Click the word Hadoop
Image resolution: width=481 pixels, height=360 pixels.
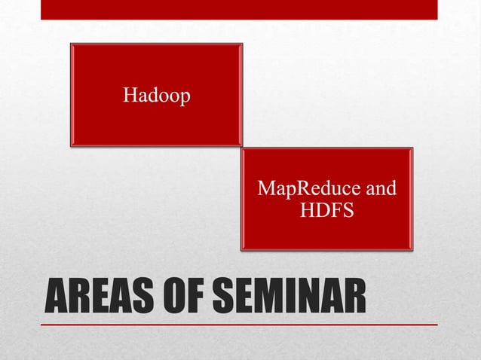pyautogui.click(x=156, y=96)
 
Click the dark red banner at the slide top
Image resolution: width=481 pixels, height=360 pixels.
pyautogui.click(x=239, y=9)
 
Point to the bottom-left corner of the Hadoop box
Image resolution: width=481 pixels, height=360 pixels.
pyautogui.click(x=72, y=145)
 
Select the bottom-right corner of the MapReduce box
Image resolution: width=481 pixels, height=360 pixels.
pyautogui.click(x=412, y=249)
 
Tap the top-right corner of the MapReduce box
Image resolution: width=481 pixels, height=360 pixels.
pyautogui.click(x=412, y=149)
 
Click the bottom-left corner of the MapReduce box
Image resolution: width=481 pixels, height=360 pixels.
pyautogui.click(x=242, y=249)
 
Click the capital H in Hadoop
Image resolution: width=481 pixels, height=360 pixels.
pyautogui.click(x=130, y=96)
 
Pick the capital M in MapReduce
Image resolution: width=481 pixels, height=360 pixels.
pyautogui.click(x=265, y=188)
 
